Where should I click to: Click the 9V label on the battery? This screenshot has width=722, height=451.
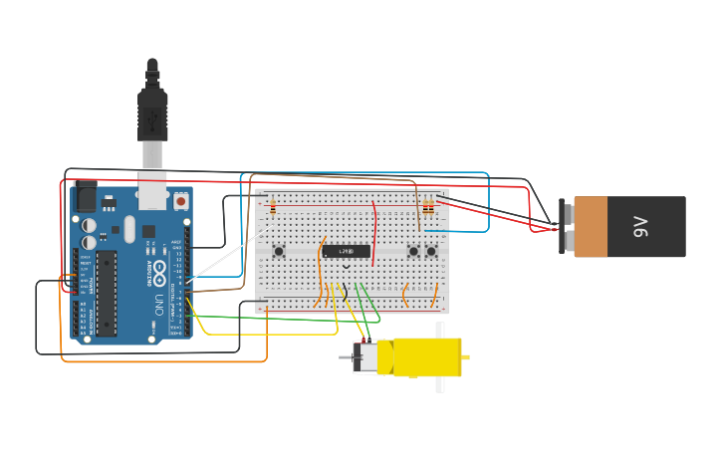point(641,227)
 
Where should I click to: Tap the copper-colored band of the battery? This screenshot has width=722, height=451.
point(591,227)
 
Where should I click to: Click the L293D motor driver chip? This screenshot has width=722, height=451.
point(347,250)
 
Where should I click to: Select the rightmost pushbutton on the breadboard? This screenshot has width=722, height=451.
point(431,251)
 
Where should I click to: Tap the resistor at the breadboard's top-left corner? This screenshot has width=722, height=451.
point(273,207)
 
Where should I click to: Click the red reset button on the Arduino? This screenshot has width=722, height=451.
point(180,201)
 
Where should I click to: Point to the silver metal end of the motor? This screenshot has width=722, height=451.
point(365,357)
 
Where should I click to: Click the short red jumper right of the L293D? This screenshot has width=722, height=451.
point(374,233)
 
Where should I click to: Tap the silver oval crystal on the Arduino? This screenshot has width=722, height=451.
point(90,241)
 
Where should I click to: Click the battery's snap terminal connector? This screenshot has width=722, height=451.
point(566,227)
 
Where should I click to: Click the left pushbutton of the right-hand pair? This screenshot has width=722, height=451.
point(413,251)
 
